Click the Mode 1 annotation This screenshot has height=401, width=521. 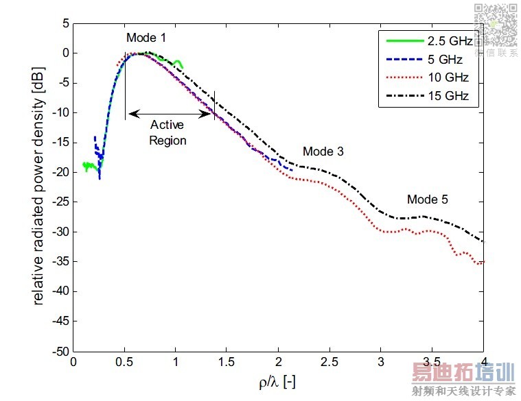pyautogui.click(x=146, y=37)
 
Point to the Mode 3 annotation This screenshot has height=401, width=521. pyautogui.click(x=323, y=151)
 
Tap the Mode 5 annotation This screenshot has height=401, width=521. pyautogui.click(x=427, y=199)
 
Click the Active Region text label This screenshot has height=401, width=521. pyautogui.click(x=168, y=132)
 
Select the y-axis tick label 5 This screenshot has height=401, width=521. pyautogui.click(x=65, y=23)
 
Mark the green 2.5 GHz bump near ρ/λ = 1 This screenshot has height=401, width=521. pyautogui.click(x=177, y=63)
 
